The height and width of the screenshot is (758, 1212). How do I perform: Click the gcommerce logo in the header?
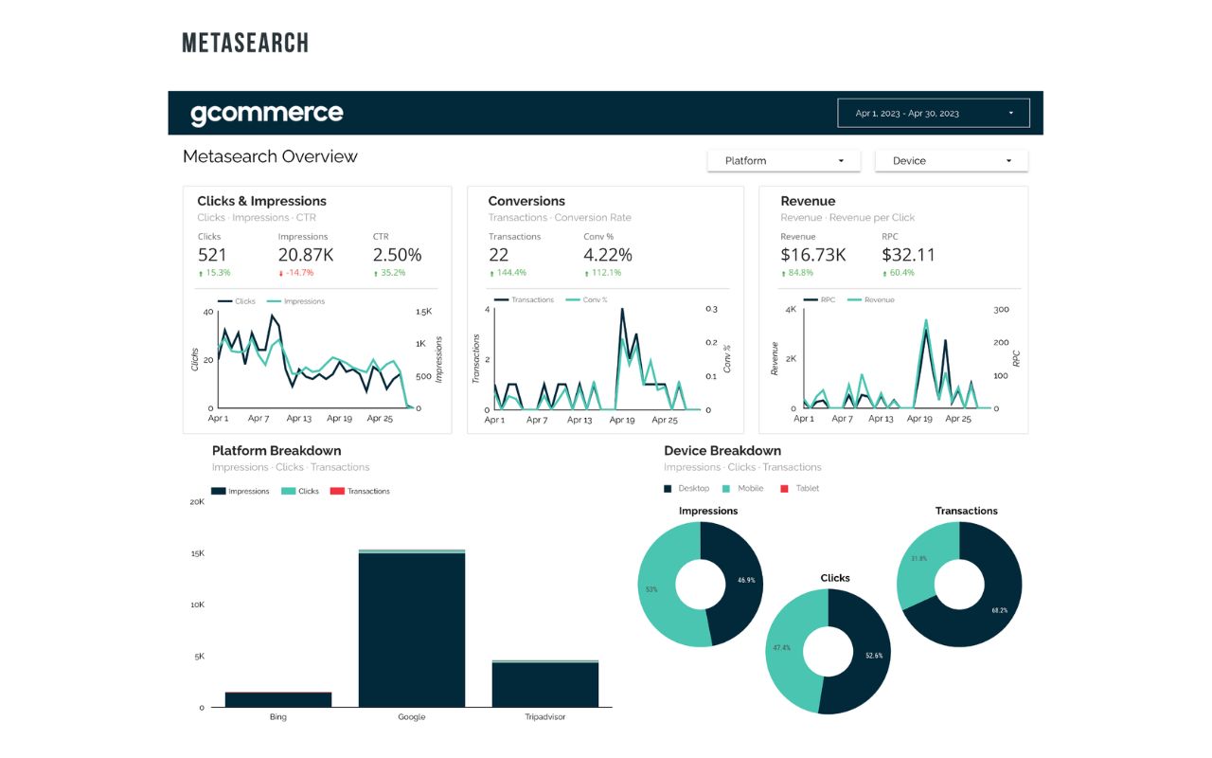(x=266, y=114)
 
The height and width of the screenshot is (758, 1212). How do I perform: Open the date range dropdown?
(x=932, y=113)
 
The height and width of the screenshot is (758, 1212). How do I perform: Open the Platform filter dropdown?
(x=783, y=161)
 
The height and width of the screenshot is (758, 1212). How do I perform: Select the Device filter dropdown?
(x=951, y=161)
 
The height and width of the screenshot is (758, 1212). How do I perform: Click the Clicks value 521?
(x=212, y=255)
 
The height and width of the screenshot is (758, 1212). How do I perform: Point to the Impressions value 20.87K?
(x=305, y=255)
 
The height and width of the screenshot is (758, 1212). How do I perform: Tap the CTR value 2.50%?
(x=397, y=255)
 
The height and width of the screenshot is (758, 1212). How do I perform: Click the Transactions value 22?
(x=499, y=255)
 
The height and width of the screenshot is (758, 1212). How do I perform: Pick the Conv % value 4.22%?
(x=607, y=255)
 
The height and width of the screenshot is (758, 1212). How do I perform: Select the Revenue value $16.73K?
(x=812, y=255)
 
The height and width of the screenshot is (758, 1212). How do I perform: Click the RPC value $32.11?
(x=908, y=255)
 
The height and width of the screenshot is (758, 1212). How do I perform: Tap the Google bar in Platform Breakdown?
(x=411, y=629)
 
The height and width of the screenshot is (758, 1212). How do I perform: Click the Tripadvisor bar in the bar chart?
(x=544, y=684)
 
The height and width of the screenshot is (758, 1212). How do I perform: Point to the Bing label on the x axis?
(x=277, y=717)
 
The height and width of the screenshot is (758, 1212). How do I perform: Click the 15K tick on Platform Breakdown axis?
(x=197, y=553)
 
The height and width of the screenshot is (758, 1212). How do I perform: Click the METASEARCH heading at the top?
(x=245, y=43)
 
